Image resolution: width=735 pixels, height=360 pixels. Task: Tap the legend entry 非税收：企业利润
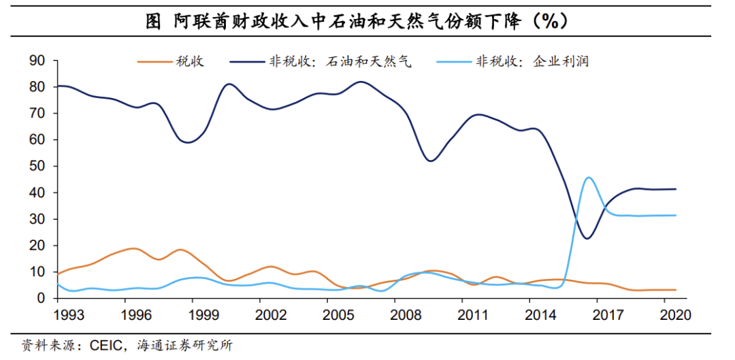(x=531, y=62)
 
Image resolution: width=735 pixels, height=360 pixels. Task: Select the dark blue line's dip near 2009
(x=430, y=161)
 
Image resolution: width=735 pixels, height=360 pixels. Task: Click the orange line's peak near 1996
(x=133, y=248)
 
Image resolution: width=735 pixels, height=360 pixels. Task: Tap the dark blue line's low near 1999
(x=189, y=142)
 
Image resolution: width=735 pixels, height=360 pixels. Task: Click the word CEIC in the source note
(x=103, y=346)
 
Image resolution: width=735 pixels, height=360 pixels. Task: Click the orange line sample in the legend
(x=153, y=62)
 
